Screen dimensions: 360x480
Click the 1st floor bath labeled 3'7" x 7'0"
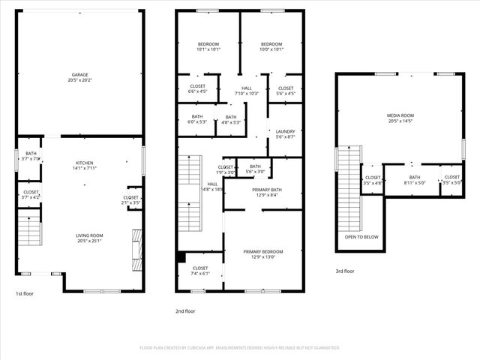(x=31, y=156)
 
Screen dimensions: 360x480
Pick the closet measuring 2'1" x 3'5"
(x=130, y=200)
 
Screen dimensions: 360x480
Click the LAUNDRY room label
(x=286, y=133)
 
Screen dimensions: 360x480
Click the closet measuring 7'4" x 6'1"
(x=200, y=270)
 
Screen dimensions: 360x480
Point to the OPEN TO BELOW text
(x=361, y=236)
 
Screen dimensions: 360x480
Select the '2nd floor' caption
(x=185, y=310)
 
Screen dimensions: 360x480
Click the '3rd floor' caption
(x=346, y=271)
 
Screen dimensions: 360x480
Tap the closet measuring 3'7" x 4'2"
(x=31, y=194)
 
